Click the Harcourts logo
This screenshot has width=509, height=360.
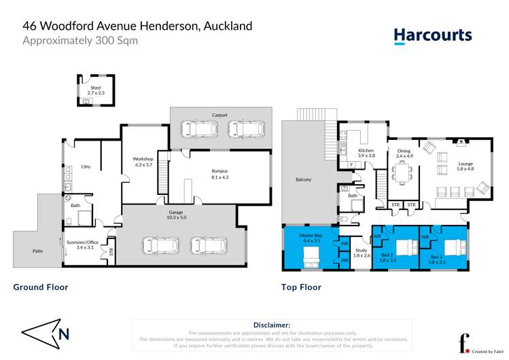(432, 35)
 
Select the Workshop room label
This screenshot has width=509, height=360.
(143, 162)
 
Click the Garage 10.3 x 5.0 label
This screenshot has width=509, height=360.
(176, 215)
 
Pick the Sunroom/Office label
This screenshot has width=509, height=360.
(82, 245)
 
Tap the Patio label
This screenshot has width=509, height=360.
(38, 251)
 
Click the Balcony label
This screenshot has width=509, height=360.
(303, 179)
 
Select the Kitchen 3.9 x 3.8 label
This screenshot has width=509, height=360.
(366, 153)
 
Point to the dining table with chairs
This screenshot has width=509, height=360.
(404, 176)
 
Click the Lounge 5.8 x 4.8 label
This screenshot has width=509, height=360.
(465, 166)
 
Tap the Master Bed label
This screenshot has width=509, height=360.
(311, 238)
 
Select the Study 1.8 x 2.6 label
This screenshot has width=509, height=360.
(362, 253)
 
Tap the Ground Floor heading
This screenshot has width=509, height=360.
(41, 287)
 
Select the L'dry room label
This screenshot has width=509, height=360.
(86, 166)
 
